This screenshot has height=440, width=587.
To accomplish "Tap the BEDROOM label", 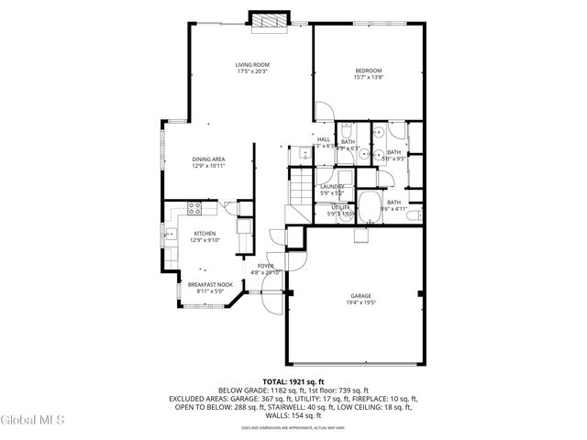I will (368, 71).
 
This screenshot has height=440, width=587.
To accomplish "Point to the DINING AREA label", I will (208, 159).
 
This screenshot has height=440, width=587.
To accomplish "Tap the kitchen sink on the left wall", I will (172, 236).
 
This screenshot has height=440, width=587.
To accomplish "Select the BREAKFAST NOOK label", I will (210, 285).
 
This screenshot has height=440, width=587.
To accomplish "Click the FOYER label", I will (265, 266).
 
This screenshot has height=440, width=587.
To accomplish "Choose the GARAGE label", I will (360, 295).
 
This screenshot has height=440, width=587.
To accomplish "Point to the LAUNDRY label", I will (331, 187).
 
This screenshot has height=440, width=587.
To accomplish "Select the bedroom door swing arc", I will (323, 110).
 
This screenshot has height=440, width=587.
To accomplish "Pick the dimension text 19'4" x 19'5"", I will (360, 302).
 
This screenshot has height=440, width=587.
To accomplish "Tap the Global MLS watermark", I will (33, 422).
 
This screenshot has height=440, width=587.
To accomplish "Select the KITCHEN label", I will (204, 234).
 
